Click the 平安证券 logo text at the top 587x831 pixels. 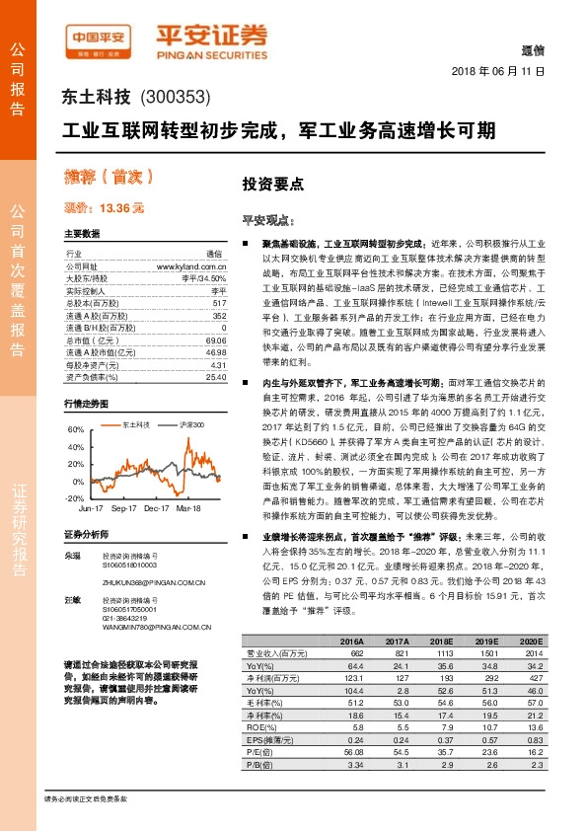click(211, 38)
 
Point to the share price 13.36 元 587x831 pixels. click(104, 208)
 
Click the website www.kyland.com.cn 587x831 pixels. click(195, 266)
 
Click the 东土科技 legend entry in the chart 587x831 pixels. click(134, 423)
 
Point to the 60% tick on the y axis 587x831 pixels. click(75, 430)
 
